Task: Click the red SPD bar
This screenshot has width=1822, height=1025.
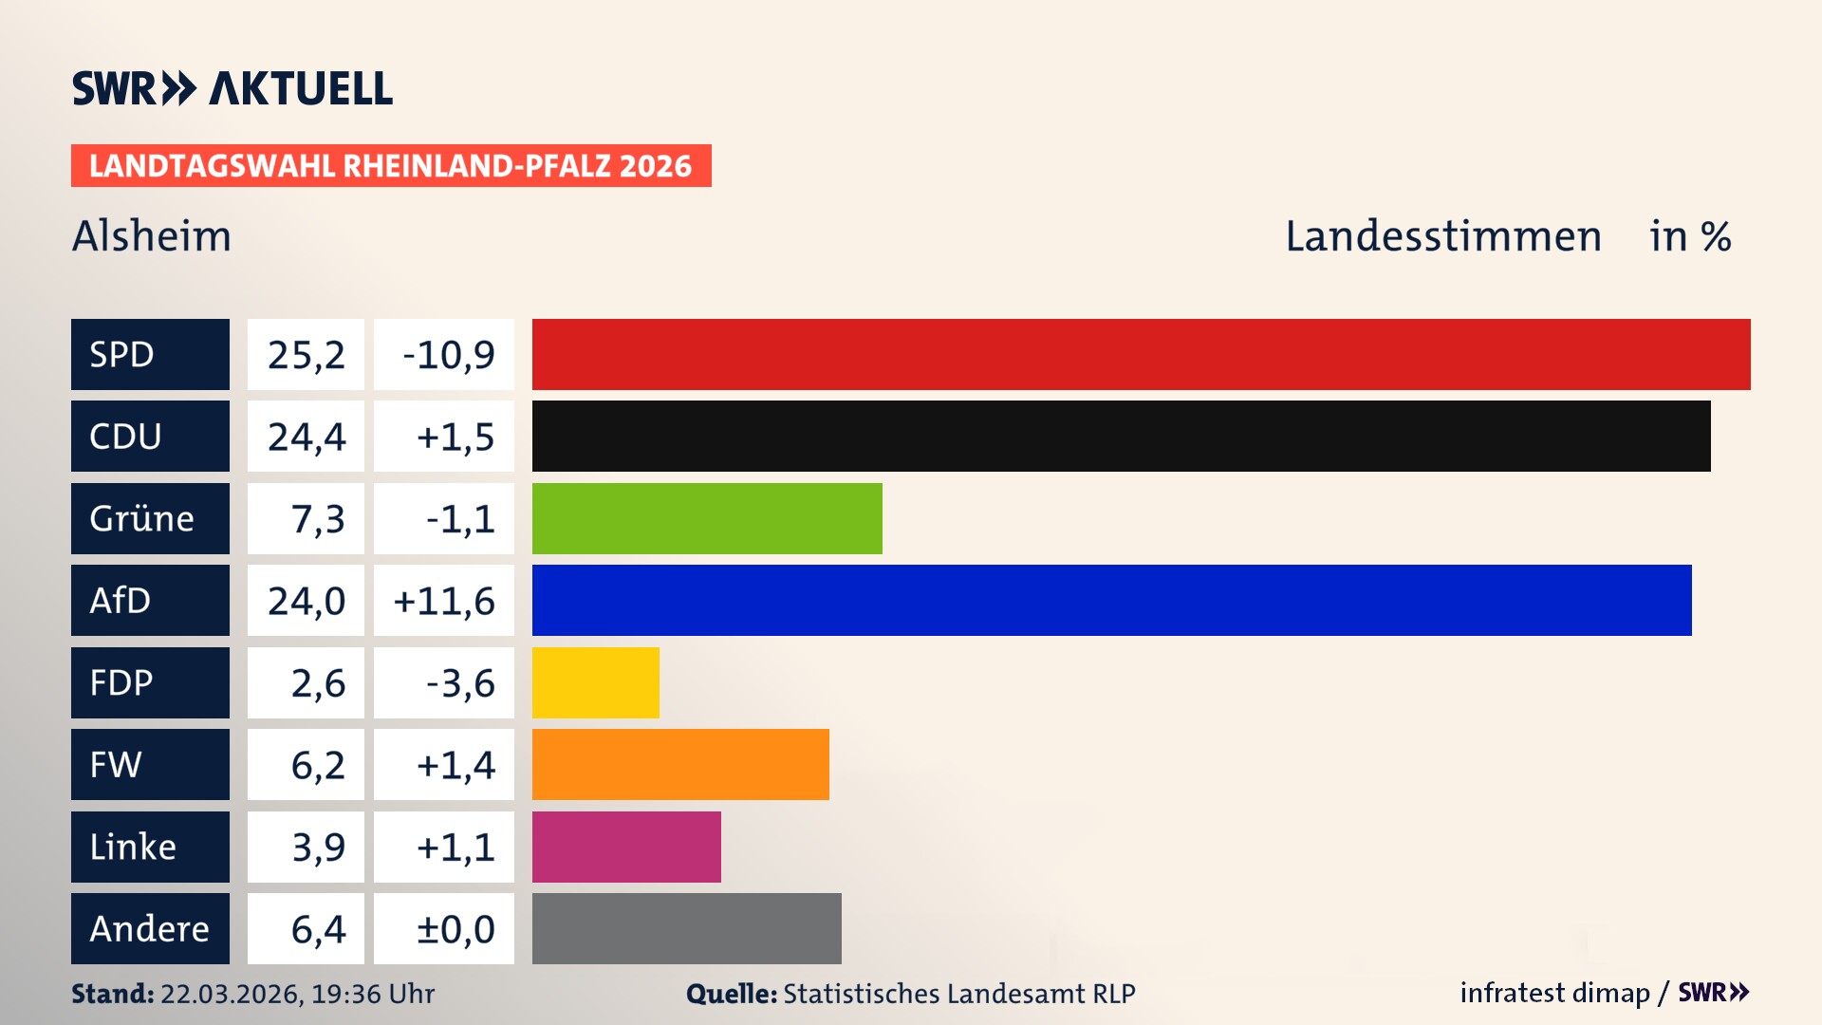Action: tap(1141, 354)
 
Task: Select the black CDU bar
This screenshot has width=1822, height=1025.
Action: tap(1121, 436)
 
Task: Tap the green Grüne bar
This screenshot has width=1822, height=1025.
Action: tap(707, 518)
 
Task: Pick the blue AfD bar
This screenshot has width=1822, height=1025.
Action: tap(1111, 600)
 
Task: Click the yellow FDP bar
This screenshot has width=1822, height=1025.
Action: tap(595, 682)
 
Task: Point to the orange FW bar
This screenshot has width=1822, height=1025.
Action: tap(680, 764)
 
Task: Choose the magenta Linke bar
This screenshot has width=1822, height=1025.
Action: tap(626, 847)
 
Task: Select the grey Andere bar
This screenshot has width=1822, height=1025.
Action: tap(686, 928)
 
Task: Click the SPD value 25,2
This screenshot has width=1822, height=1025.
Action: tap(306, 354)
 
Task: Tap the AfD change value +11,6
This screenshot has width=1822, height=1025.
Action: tap(444, 600)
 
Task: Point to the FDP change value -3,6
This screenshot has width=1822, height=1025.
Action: tap(460, 682)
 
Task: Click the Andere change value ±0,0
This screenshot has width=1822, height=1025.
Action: tap(455, 928)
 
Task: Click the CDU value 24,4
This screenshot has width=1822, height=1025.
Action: tap(306, 436)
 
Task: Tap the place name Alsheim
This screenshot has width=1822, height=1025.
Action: tap(152, 236)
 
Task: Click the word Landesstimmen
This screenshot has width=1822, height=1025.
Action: tap(1442, 236)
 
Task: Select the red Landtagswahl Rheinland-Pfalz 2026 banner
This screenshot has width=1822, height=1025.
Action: tap(391, 165)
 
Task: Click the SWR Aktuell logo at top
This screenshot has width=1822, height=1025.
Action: tap(232, 88)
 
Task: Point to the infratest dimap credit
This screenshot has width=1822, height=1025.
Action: tap(1554, 993)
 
